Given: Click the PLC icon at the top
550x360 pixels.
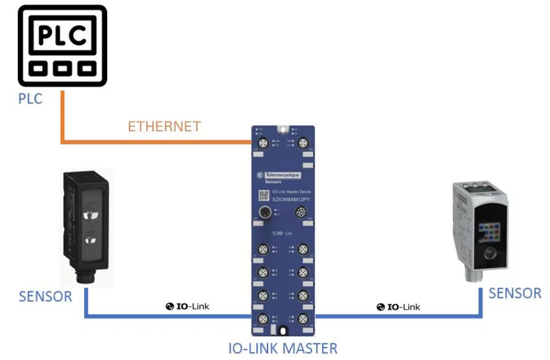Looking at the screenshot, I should click(62, 46).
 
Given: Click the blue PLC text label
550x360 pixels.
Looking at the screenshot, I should click(30, 98).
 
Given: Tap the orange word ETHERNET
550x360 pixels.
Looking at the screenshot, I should click(164, 127).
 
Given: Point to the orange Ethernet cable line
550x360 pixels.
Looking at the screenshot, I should click(155, 143).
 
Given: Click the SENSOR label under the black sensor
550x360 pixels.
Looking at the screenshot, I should click(45, 296).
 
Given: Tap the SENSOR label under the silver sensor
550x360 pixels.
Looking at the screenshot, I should click(515, 292).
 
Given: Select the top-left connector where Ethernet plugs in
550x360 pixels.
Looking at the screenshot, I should click(262, 143).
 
